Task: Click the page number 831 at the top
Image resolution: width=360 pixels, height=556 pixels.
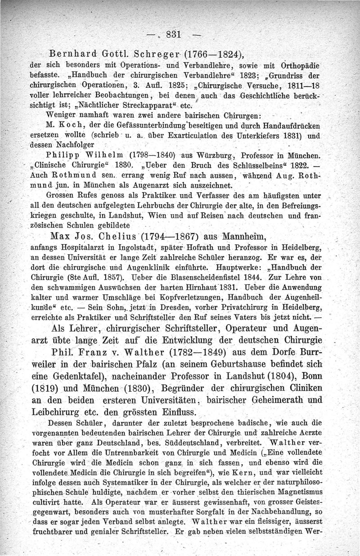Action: tap(173, 34)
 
